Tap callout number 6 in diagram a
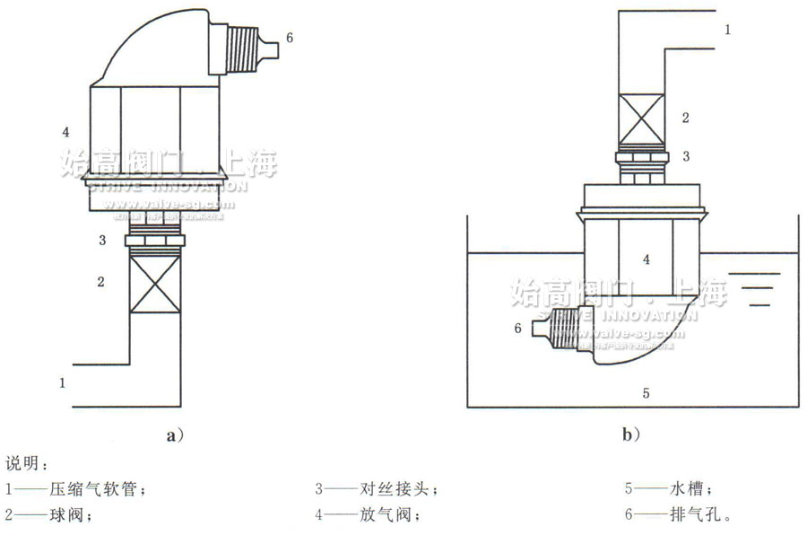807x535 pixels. [x=289, y=38]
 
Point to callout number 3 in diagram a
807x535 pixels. [x=102, y=240]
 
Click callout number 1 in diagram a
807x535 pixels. [x=63, y=382]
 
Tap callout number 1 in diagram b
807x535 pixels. [x=727, y=30]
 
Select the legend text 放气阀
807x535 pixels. [x=388, y=516]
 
